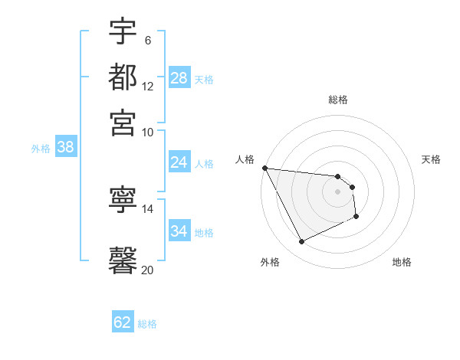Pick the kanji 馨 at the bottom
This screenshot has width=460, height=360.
[x=123, y=259]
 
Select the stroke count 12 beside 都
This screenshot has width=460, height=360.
[x=148, y=87]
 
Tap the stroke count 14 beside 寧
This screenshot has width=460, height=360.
[x=148, y=208]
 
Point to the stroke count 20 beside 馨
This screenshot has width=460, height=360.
[x=148, y=269]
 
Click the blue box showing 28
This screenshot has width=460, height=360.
[x=179, y=78]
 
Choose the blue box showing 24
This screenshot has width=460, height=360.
[x=179, y=162]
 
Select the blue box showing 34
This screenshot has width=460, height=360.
[x=179, y=231]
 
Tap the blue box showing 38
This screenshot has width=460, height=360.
[x=65, y=148]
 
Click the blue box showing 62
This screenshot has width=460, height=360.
[x=123, y=322]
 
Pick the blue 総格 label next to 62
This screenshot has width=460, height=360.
[x=147, y=324]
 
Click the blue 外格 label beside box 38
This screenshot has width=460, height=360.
[x=41, y=149]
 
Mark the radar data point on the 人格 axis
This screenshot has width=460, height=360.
[x=264, y=168]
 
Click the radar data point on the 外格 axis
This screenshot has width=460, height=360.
[x=301, y=242]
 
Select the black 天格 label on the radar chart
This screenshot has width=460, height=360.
[x=431, y=159]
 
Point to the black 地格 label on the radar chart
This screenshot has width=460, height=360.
[x=402, y=262]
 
